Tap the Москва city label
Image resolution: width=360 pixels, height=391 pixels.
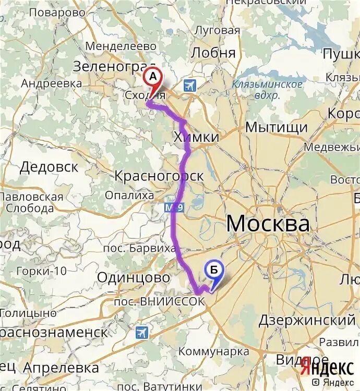click(268, 224)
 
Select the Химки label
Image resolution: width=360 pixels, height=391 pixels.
click(195, 137)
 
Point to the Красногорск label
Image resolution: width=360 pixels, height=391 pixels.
click(159, 176)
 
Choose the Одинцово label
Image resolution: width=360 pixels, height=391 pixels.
click(134, 278)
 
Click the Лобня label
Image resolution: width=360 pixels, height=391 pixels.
click(213, 53)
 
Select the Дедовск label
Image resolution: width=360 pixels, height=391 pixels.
click(49, 167)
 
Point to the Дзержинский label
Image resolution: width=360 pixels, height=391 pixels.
click(307, 320)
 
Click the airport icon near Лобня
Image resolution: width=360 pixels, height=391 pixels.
click(189, 85)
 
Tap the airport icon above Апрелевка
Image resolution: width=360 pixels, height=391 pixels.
click(141, 332)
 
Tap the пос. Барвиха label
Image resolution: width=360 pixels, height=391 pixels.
click(139, 248)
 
